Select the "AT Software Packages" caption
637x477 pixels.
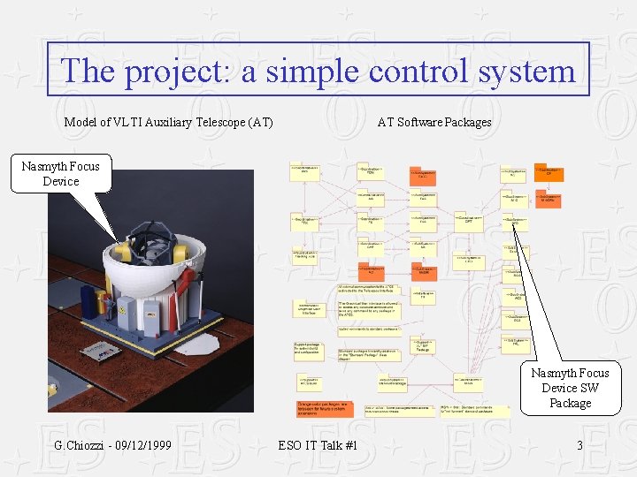click(x=434, y=122)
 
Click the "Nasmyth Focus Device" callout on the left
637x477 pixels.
click(x=61, y=173)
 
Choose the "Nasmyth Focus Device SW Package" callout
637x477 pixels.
click(x=570, y=388)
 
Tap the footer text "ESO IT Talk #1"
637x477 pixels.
click(x=318, y=445)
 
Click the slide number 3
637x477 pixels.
click(x=579, y=445)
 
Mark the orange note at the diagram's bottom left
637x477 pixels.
click(x=324, y=409)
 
